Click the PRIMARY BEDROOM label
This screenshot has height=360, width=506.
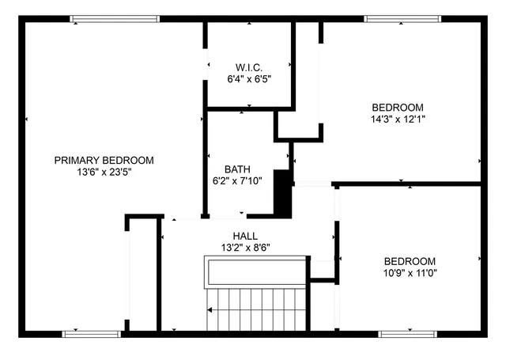tap(104, 160)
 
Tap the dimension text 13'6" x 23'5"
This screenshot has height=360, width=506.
tap(104, 172)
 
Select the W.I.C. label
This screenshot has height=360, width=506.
tap(248, 67)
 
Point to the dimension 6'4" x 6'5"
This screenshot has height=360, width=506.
tap(248, 80)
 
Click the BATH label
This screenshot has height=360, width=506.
tap(237, 169)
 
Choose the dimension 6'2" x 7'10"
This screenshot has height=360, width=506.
tap(237, 180)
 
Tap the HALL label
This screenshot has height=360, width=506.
tap(244, 236)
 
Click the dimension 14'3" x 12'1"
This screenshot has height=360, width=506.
tap(398, 119)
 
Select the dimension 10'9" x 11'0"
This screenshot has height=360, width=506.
tap(410, 273)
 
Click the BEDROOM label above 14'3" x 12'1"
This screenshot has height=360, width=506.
tap(398, 108)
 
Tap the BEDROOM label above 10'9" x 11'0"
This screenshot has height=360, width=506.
tap(410, 261)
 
